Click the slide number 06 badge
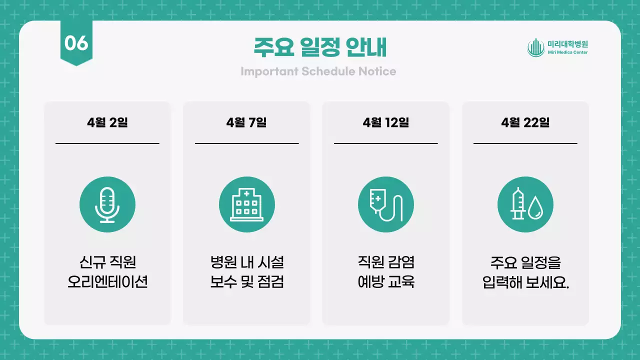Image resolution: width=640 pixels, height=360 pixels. coord(76,43)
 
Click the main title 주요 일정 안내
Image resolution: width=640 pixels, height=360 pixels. coord(320,48)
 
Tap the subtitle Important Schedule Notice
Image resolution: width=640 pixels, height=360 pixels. coord(318,71)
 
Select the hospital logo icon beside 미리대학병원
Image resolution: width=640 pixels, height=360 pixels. coord(535,47)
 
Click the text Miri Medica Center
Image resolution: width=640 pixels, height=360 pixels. coord(567,52)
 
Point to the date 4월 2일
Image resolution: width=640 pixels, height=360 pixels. coord(107,122)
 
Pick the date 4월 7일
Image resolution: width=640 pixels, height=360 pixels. coord(246,122)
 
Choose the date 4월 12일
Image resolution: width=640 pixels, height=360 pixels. coord(386,122)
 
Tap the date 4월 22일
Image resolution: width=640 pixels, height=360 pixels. coord(525,122)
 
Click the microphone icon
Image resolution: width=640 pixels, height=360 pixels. coord(107,204)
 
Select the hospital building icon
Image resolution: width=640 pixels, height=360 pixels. coord(246,204)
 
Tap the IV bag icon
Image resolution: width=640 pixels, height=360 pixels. coord(386,204)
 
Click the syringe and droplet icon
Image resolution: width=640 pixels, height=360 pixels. coord(525,204)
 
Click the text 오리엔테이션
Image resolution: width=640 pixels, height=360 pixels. coord(107,282)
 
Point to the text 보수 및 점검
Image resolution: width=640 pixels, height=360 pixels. coord(246,282)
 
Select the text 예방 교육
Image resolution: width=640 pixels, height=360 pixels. coord(386,282)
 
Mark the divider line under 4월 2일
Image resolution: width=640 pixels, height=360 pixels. coord(107,143)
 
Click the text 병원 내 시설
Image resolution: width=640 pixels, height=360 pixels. coord(246,262)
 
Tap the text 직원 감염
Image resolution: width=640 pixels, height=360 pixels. coord(386,262)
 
